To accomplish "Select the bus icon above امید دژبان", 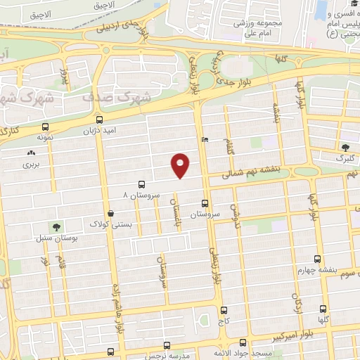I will tap(98, 120).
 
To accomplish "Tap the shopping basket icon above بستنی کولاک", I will tap(110, 213).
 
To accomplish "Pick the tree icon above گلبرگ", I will tap(344, 147).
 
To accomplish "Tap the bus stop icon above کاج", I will tap(224, 309).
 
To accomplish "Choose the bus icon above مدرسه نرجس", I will tap(167, 345).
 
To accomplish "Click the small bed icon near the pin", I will tap(205, 139).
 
